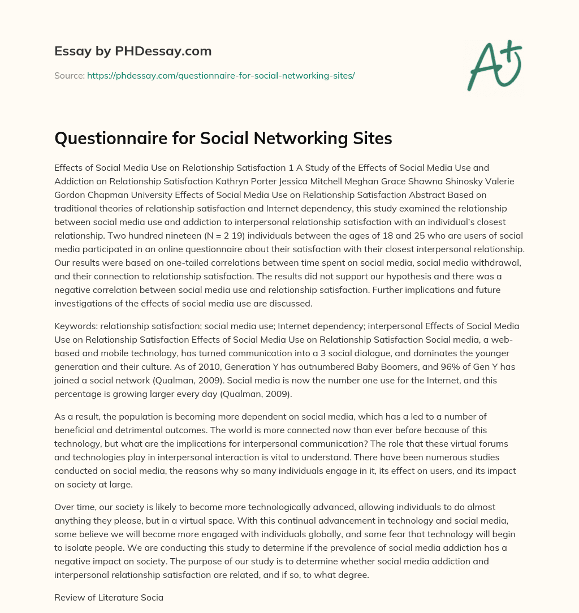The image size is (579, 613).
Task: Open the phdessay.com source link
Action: (221, 75)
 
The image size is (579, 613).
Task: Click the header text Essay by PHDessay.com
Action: (133, 51)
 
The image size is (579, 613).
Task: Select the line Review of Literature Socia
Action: (109, 597)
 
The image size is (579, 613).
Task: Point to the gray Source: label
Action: (70, 75)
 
